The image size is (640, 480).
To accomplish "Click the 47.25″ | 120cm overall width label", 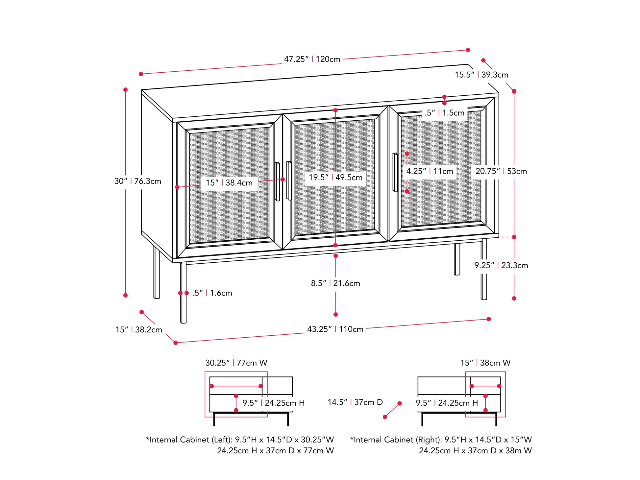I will pos(312,59).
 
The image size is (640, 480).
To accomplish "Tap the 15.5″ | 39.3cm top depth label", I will pos(481,75).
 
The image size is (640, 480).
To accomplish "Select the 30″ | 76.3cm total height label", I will pos(137,181).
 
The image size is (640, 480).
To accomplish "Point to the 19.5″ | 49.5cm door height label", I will pos(335,178).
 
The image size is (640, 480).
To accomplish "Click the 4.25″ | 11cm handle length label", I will pos(429,171).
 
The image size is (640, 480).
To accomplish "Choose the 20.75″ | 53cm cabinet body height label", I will pos(501,171).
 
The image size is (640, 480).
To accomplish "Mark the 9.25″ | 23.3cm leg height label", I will pos(501,265).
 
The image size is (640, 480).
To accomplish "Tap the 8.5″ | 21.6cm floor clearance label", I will pos(335,283).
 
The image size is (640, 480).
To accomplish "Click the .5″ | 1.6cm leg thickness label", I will pos(212,293).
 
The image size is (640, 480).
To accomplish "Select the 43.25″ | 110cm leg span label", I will pos(335,329).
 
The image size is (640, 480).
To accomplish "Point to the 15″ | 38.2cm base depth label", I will pos(138,329).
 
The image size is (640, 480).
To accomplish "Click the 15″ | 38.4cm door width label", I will pos(229,183).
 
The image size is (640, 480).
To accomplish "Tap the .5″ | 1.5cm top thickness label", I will pos(444,113).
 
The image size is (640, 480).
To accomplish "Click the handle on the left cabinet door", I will pos(277,181).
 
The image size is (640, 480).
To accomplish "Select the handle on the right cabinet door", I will pos(395,172).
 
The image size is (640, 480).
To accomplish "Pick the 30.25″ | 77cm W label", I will pos(236,363).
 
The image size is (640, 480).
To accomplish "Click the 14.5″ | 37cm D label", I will pos(355,402).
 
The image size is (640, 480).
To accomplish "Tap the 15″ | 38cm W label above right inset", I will pos(485,363).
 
